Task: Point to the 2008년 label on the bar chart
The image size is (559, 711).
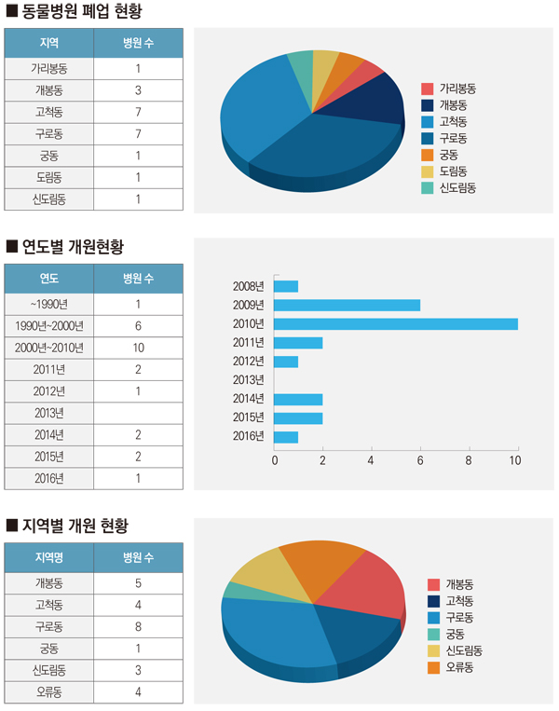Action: (249, 286)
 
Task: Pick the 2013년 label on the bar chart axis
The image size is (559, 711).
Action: (249, 379)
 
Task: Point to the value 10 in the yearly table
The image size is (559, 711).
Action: (138, 348)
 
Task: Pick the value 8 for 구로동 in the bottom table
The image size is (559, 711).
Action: (138, 626)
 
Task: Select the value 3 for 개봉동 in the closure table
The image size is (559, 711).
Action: (138, 90)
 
